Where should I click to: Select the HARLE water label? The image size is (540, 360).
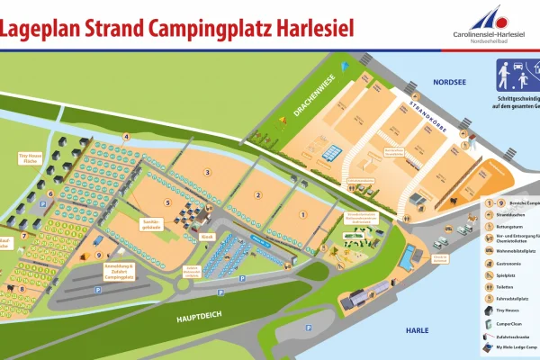pyautogui.click(x=417, y=331)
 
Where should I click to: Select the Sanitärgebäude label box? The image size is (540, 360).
pyautogui.click(x=152, y=223)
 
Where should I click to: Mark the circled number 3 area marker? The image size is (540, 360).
pyautogui.click(x=207, y=172)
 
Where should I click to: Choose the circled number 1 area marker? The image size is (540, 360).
pyautogui.click(x=303, y=213)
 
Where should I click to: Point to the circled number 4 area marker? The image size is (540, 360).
pyautogui.click(x=126, y=137)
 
